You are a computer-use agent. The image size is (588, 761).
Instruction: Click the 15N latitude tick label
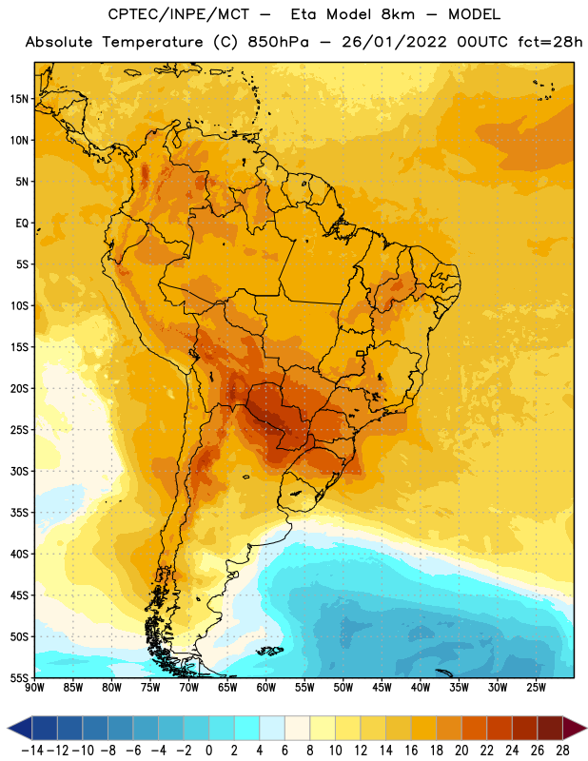[19, 99]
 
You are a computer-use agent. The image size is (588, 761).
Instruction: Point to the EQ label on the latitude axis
[22, 224]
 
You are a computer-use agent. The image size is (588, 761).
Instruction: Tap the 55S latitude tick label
[19, 677]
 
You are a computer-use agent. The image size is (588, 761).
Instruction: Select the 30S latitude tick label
[19, 471]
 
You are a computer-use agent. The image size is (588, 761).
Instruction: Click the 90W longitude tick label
[35, 687]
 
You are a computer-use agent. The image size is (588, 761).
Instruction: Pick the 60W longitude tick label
[266, 687]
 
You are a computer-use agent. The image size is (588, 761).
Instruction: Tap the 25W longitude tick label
[536, 687]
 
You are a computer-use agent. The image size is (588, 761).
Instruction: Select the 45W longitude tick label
[382, 687]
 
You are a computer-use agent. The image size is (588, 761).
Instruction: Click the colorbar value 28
[562, 751]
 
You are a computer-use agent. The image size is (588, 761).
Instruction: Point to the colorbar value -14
[32, 751]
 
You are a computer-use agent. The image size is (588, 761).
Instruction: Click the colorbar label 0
[208, 751]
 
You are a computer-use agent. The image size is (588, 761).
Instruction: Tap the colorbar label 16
[411, 751]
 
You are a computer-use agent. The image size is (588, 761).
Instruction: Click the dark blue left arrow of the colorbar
[20, 728]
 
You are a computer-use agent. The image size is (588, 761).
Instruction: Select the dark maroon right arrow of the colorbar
[575, 728]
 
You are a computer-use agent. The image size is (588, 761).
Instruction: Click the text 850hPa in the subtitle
[278, 42]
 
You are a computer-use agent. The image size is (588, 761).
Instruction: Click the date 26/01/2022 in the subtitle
[394, 42]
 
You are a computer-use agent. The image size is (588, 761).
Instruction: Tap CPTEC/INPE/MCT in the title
[178, 14]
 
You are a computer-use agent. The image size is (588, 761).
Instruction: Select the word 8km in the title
[398, 14]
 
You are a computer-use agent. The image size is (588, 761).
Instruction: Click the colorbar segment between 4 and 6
[272, 728]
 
